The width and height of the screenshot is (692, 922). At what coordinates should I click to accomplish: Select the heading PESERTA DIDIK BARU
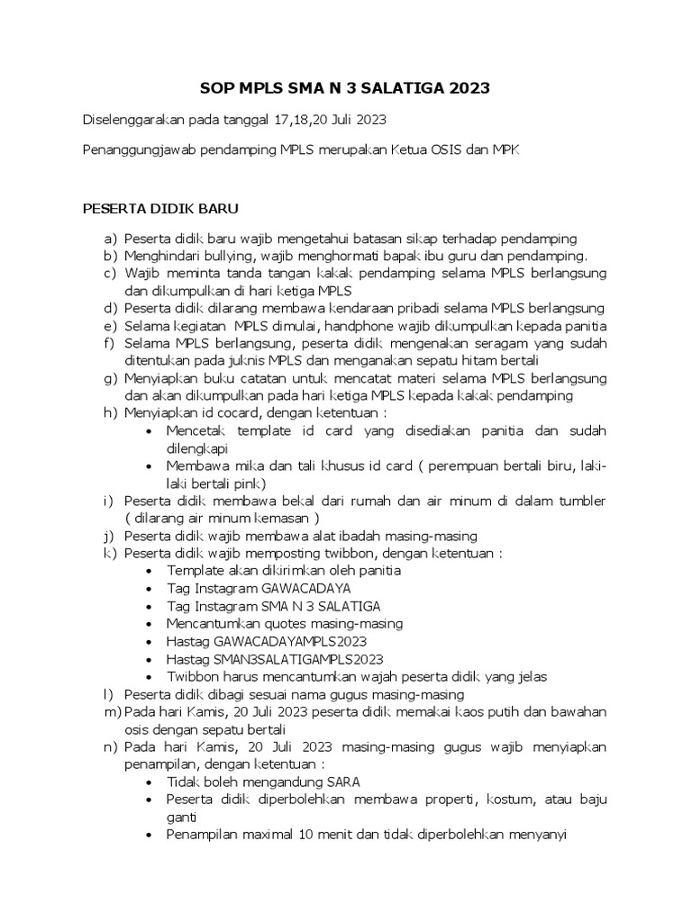[x=160, y=210]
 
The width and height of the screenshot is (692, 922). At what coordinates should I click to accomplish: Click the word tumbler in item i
[x=583, y=500]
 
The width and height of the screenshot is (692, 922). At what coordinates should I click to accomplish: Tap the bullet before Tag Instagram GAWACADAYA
[x=149, y=588]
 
